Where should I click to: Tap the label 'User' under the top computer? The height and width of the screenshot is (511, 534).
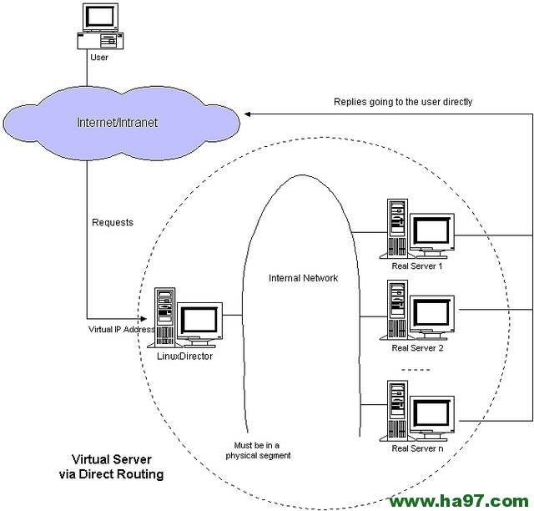pos(98,58)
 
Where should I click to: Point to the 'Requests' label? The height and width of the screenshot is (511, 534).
pos(113,223)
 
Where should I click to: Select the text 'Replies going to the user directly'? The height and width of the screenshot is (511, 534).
pos(403,102)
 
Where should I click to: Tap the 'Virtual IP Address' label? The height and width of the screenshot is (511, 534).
pos(122,330)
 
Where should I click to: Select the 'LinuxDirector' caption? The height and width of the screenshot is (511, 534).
pos(185,356)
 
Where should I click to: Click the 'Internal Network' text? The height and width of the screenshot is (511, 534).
pos(303,278)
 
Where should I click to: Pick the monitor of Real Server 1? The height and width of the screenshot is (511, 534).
pos(432,233)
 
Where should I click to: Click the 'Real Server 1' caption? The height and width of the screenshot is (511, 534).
pos(417,266)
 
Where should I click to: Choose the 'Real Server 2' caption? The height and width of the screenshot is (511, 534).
pos(417,348)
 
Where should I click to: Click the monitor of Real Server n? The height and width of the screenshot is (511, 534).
pos(432,412)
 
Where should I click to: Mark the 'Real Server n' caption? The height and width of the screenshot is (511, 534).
pos(417,448)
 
